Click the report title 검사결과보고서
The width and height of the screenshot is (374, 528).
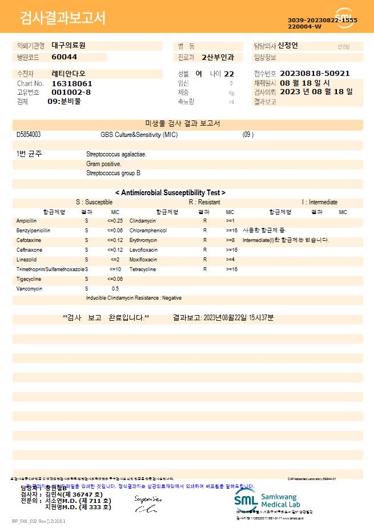(63, 18)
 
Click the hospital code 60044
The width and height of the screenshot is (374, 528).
(64, 57)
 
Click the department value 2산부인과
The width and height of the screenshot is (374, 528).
(218, 57)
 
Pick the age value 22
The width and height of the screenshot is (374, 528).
(229, 74)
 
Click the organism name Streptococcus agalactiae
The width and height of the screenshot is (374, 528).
(116, 154)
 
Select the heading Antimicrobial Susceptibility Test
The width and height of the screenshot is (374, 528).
(170, 193)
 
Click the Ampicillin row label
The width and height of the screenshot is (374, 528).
(26, 220)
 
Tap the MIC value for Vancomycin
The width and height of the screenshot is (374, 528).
(115, 289)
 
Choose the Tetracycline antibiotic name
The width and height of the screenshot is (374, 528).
(143, 269)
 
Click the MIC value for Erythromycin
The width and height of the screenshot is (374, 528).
(230, 240)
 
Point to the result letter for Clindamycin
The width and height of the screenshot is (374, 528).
(204, 220)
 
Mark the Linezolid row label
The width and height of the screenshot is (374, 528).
(26, 260)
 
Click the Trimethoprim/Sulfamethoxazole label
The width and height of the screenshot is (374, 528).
(51, 269)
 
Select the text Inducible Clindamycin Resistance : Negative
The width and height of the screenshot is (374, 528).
(134, 298)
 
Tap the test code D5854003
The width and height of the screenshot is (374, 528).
(29, 135)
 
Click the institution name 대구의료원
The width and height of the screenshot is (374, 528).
(68, 45)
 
